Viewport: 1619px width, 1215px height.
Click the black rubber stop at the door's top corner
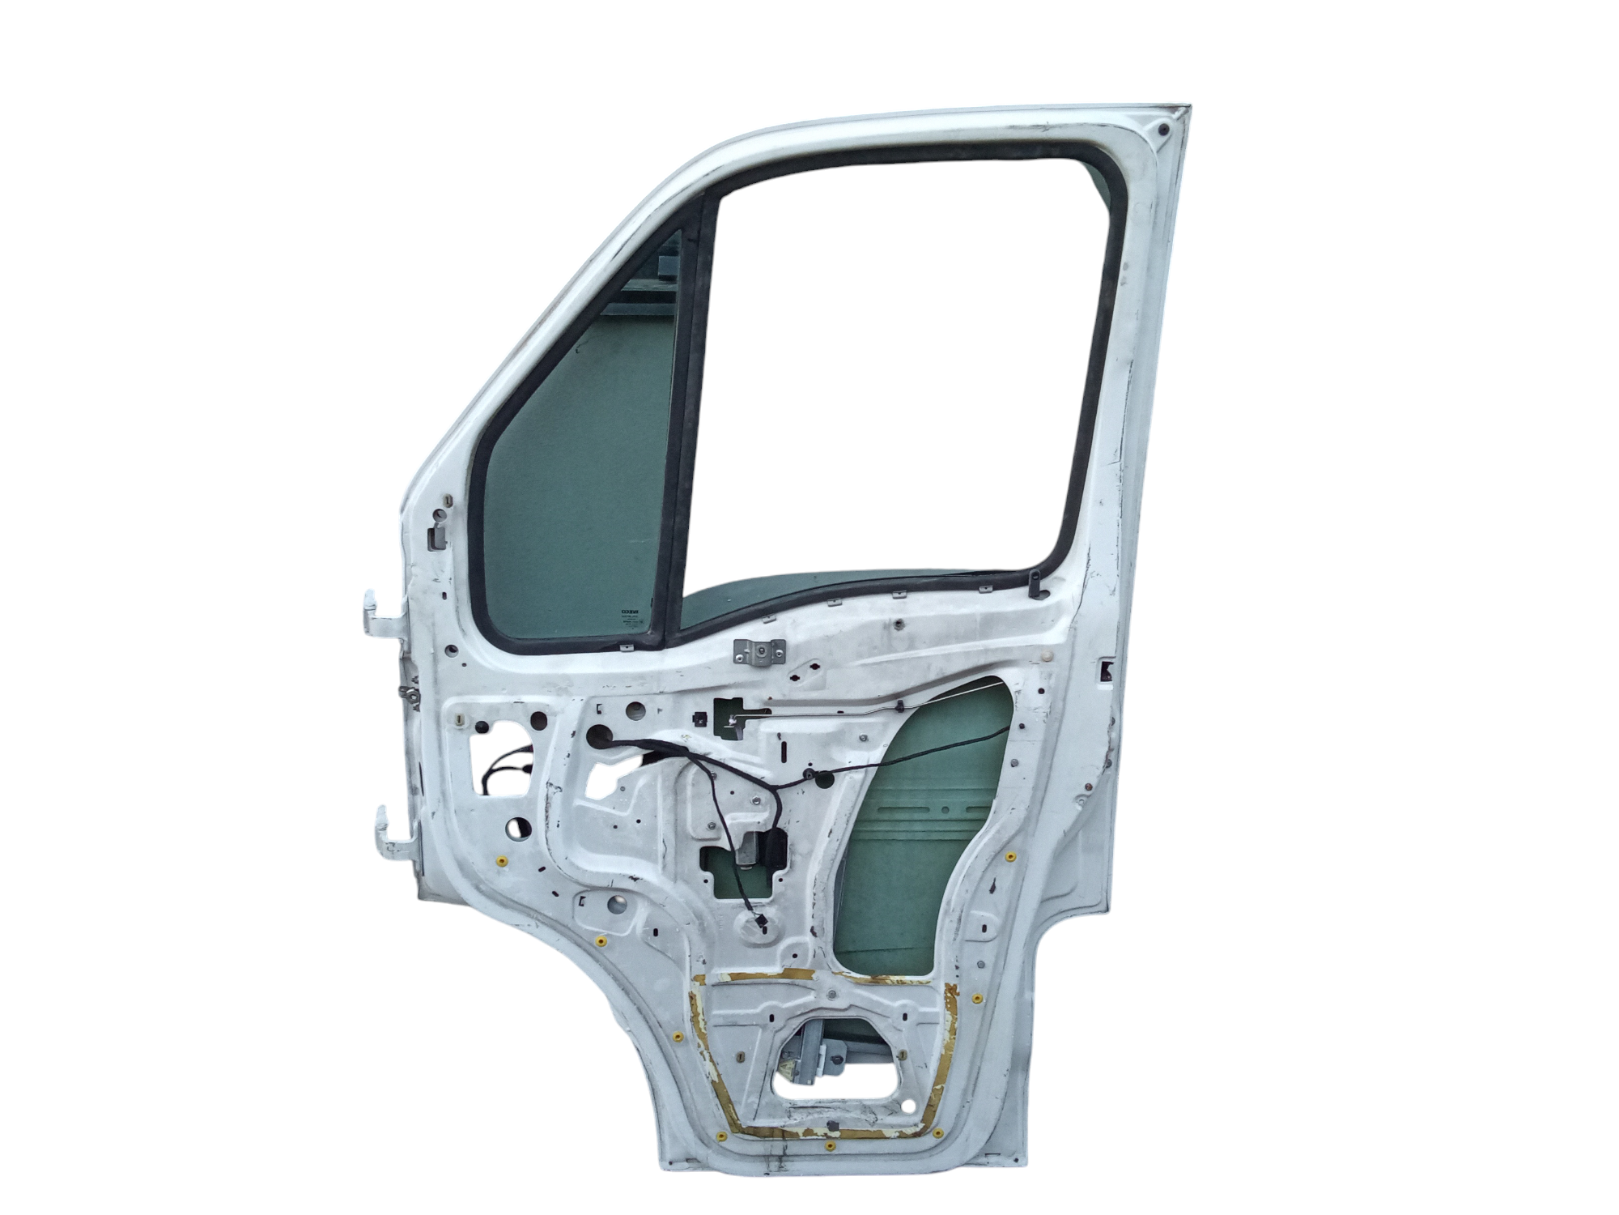[x=1164, y=128]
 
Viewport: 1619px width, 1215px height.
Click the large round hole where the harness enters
[x=600, y=736]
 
